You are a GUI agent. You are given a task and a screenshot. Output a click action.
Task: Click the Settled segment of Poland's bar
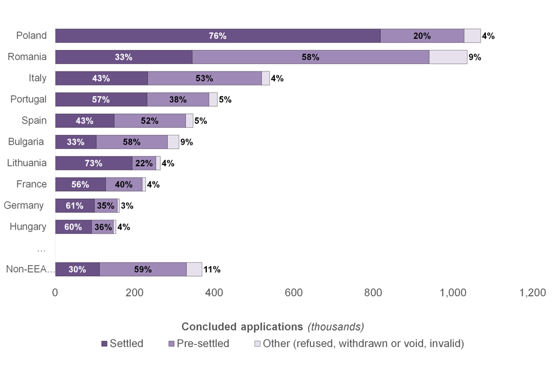[x=218, y=35]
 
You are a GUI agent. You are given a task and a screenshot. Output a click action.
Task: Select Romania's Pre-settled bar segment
[x=310, y=57]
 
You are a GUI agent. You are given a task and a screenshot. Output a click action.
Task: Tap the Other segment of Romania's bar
[x=448, y=57]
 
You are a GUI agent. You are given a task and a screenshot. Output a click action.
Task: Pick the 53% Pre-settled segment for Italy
[x=205, y=78]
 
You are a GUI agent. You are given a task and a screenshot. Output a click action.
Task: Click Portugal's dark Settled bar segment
[x=101, y=99]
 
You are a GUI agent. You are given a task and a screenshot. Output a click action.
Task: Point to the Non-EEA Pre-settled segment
[x=143, y=269]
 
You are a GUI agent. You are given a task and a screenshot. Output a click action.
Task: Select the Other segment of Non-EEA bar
[x=194, y=269]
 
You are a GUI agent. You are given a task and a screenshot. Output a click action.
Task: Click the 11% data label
[x=212, y=270]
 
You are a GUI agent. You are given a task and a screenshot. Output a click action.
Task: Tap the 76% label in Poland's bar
[x=217, y=36]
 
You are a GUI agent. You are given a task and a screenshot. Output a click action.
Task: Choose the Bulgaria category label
[x=27, y=142]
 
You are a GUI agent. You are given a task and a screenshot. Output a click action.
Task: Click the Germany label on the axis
[x=24, y=205]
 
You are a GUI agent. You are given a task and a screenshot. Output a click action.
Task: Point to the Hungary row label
[x=28, y=227]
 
